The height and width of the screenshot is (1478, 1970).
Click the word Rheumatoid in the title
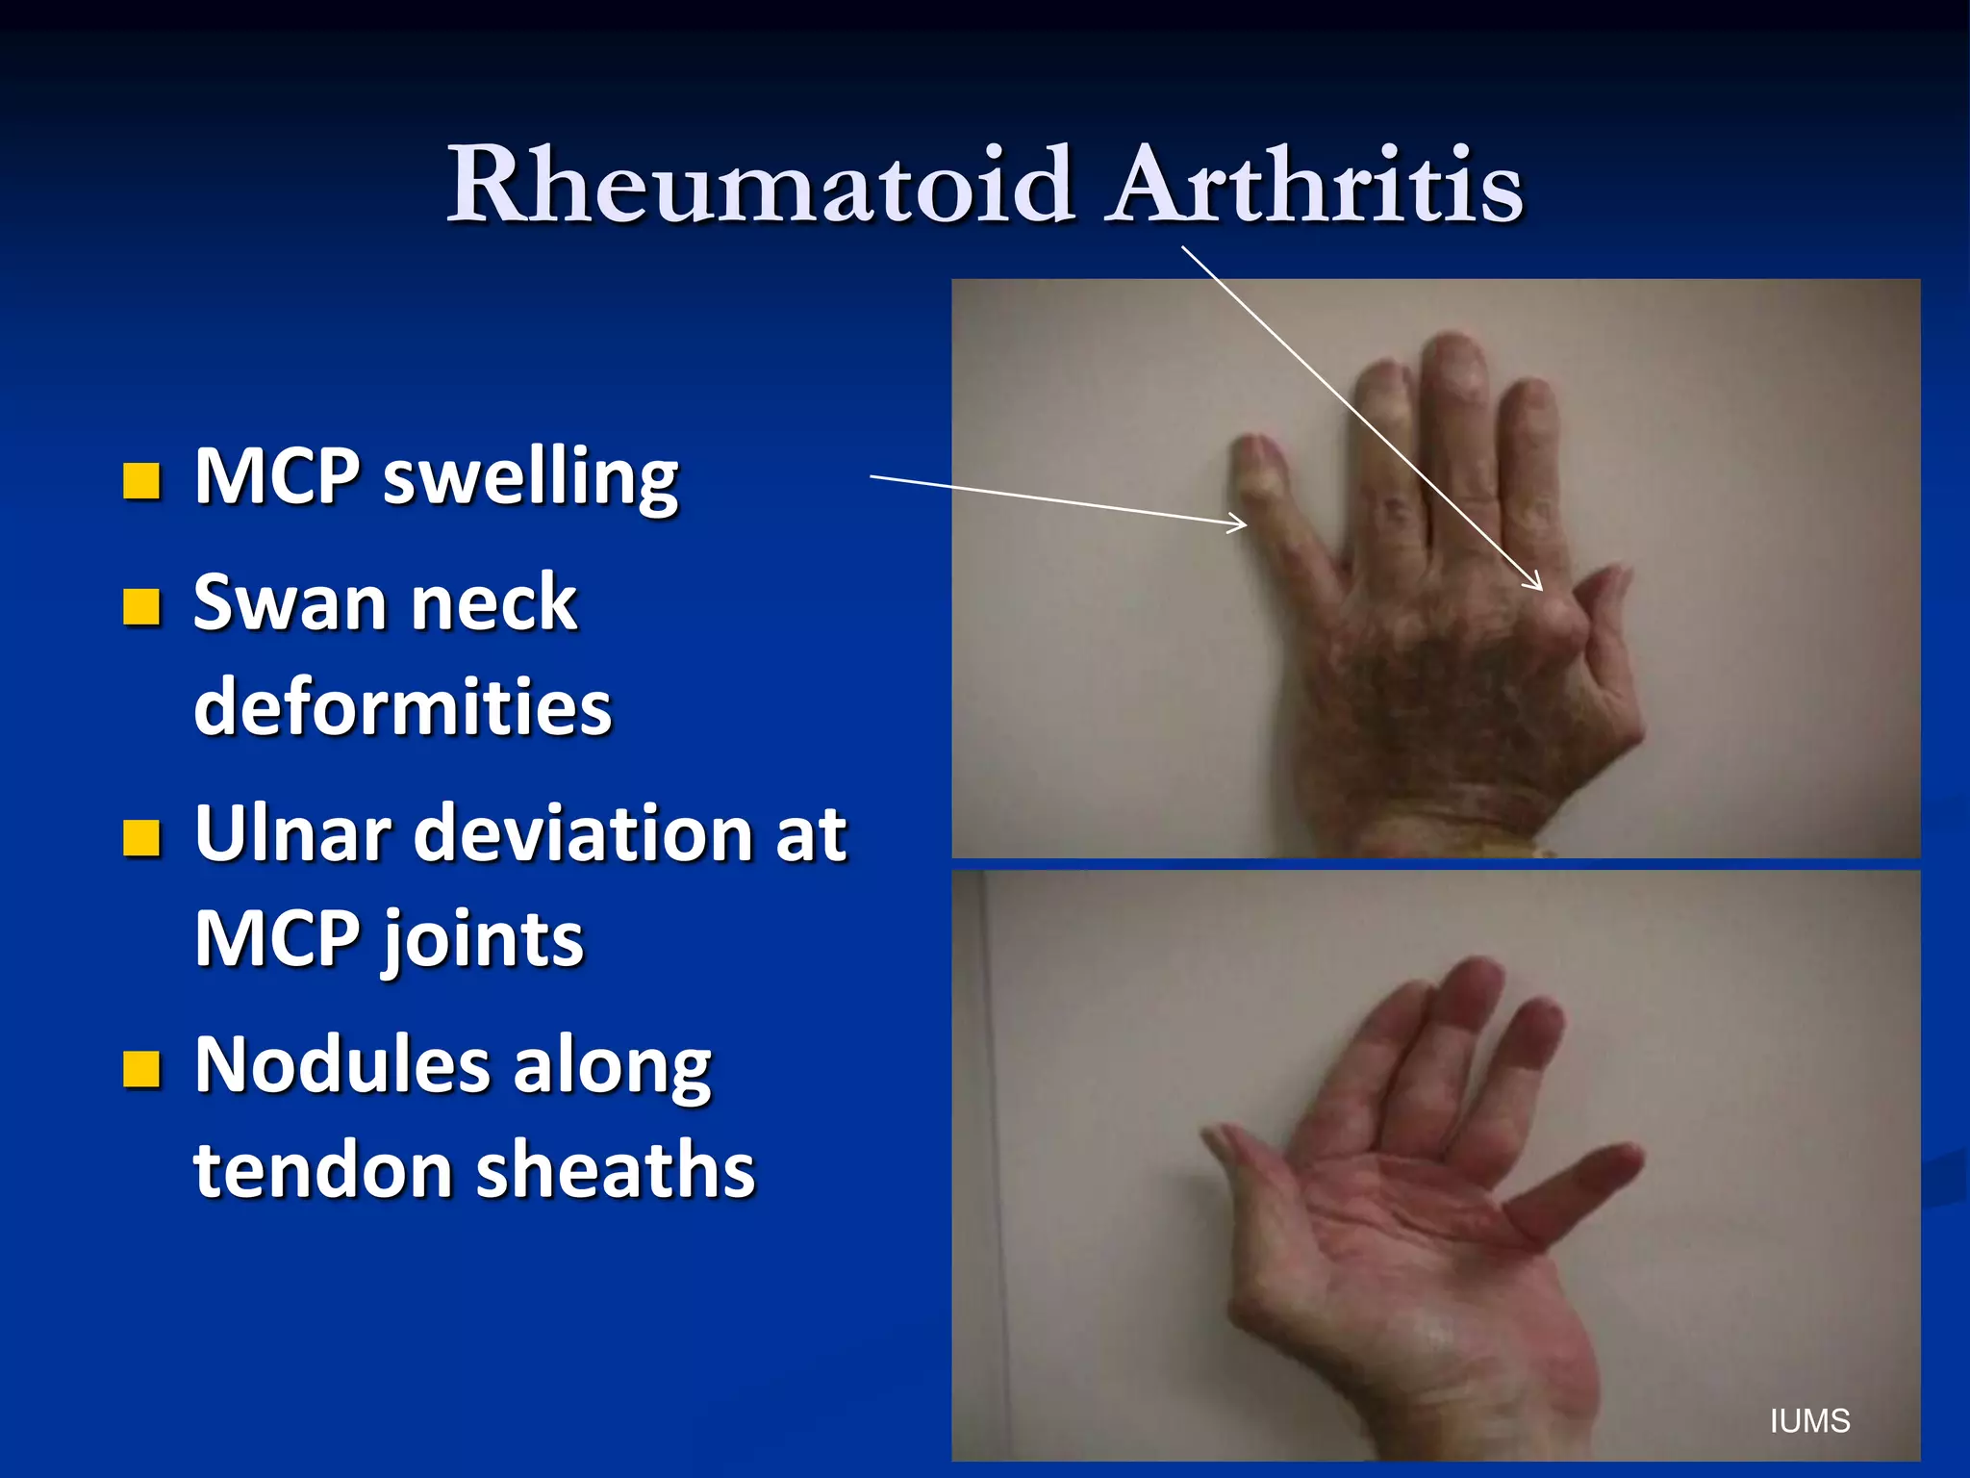[760, 185]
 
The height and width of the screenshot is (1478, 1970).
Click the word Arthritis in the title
[1315, 185]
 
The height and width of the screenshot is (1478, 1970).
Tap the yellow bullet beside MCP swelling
[141, 480]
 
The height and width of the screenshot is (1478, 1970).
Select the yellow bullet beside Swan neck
[141, 607]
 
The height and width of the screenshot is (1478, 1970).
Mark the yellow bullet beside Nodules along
[141, 1068]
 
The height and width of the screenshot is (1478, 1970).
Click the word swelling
[531, 477]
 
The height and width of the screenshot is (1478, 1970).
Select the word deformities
[402, 706]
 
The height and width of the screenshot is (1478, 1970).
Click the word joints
[484, 941]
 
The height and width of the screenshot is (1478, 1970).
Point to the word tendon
[321, 1170]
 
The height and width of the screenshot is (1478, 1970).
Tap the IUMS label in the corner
[1809, 1421]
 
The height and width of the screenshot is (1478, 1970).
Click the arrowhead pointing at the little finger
[1241, 523]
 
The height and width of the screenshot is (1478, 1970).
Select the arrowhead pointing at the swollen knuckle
[1536, 583]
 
